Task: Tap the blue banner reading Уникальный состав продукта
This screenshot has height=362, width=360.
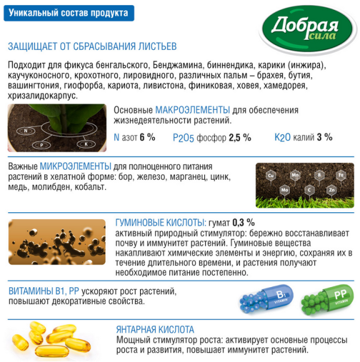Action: (x=69, y=12)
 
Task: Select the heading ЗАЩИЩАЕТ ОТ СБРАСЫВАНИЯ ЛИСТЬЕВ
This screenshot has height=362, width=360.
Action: (x=92, y=47)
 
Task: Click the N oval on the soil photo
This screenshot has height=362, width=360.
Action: (x=26, y=131)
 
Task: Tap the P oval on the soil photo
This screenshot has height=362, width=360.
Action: (x=41, y=144)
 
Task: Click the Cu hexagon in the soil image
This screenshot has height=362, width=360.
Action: (x=271, y=175)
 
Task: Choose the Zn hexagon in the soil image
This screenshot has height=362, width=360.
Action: (x=332, y=189)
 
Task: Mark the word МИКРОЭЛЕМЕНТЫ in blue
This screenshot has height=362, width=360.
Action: (x=75, y=167)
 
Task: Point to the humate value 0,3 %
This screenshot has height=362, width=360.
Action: (x=243, y=222)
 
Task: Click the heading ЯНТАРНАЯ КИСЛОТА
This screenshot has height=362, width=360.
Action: (x=156, y=329)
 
